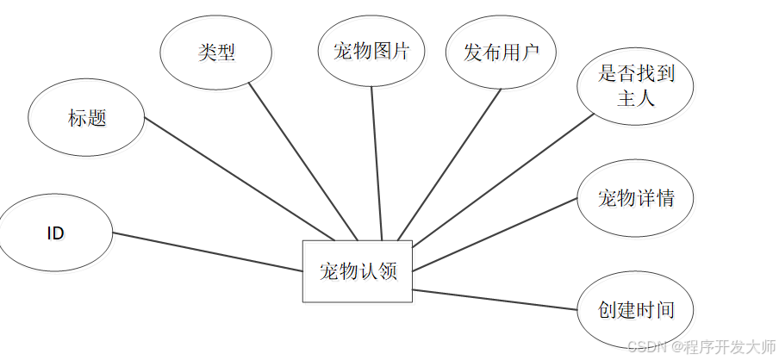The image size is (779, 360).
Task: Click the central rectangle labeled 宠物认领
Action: point(357,271)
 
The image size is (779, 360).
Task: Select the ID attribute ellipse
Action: point(56,233)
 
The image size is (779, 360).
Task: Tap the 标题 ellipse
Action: point(86,118)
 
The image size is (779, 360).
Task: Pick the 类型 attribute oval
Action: point(216,52)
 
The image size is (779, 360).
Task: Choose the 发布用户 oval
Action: point(502,52)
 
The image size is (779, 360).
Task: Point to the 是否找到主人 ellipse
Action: point(636,85)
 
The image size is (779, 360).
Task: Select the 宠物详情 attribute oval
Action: point(636,199)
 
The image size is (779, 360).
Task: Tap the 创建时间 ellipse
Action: point(636,310)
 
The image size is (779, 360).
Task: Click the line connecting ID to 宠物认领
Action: point(207,252)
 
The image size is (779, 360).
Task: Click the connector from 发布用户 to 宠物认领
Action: point(449,164)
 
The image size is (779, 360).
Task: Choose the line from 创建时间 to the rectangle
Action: point(495,300)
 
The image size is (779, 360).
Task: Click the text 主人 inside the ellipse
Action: point(636,97)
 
